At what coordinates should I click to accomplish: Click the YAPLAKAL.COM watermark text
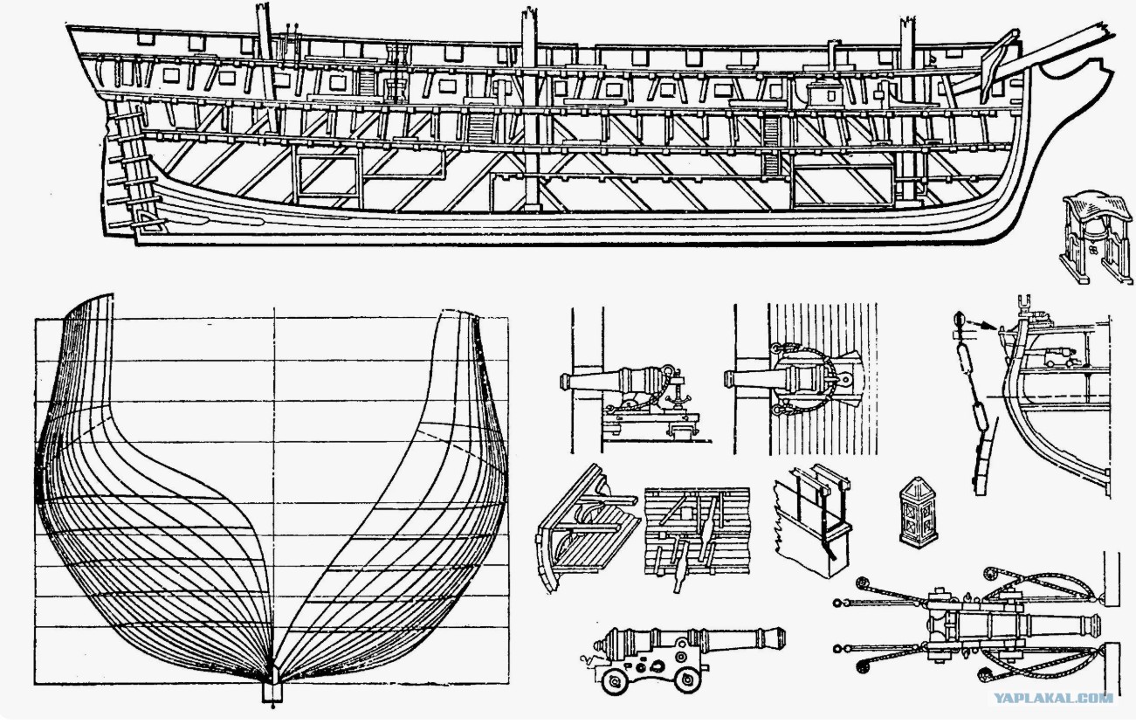[x=1052, y=698]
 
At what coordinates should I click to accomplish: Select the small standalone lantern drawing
[x=919, y=512]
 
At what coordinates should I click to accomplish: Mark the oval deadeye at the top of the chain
[x=958, y=321]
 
